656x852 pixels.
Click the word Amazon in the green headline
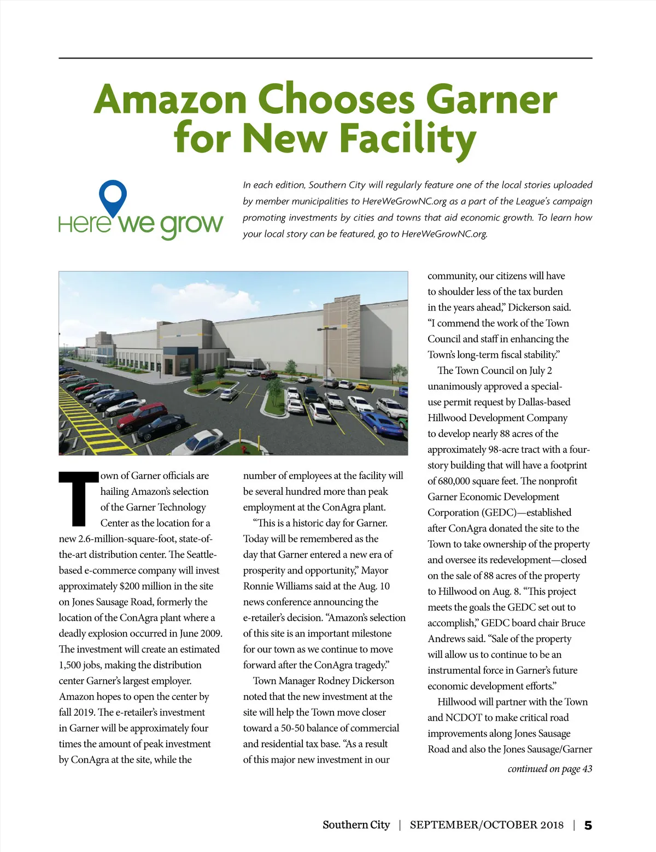[170, 99]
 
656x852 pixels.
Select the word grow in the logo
[191, 224]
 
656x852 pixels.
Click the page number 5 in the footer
[588, 825]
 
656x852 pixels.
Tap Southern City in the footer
[356, 825]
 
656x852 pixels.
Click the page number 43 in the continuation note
[587, 769]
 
